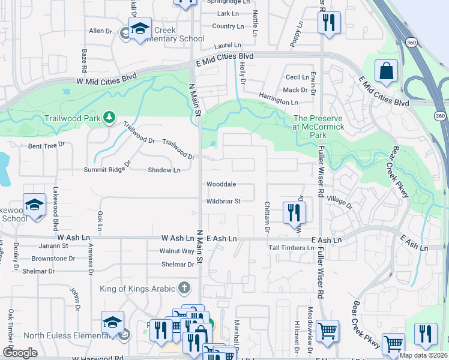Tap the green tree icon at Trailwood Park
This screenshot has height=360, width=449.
(109, 116)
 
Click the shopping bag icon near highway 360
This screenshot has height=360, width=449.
(386, 71)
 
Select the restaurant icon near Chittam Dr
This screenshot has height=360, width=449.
(294, 212)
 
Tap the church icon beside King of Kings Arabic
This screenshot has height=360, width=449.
(184, 289)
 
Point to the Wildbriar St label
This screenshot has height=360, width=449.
(223, 202)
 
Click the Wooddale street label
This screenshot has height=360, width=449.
(221, 184)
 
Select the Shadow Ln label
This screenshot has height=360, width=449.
(164, 170)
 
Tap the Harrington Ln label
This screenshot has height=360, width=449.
(278, 98)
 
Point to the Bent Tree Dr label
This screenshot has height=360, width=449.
(46, 146)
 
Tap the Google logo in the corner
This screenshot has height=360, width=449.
(20, 353)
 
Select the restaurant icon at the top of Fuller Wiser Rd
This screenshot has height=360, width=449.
(328, 23)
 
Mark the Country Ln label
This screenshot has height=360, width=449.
(228, 26)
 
